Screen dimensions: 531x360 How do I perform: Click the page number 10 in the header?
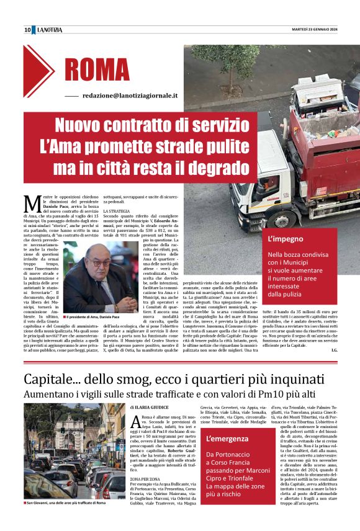[x=28, y=30]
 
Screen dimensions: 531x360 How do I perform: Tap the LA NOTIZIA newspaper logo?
[x=50, y=30]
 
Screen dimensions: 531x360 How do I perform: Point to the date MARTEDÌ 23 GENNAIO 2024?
[x=315, y=29]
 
